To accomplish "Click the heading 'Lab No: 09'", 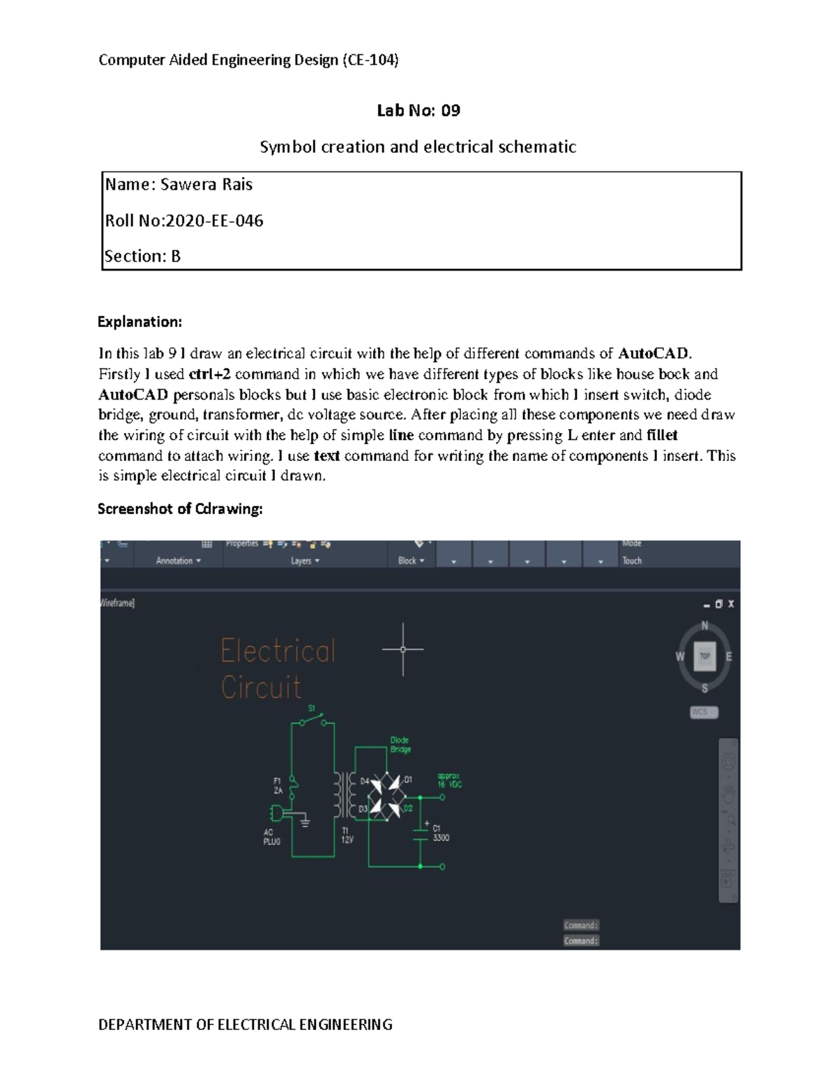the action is [418, 110].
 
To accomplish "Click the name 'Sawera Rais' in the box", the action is [206, 185].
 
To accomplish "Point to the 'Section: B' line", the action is [142, 256].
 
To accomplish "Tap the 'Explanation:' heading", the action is [139, 321].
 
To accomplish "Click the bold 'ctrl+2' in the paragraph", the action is [209, 374].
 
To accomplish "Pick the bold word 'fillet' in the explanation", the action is [662, 435].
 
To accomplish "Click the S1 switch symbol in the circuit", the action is [313, 720].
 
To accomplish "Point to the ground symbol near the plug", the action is [304, 823].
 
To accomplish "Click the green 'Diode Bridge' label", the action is [400, 745].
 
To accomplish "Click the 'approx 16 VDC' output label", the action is [449, 780].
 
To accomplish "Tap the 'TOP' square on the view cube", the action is [704, 656].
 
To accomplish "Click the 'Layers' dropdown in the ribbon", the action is [305, 561].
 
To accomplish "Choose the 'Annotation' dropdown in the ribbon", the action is [178, 561].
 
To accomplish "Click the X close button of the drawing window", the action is [731, 604].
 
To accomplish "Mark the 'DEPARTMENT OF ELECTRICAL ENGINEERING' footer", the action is [246, 1024].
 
